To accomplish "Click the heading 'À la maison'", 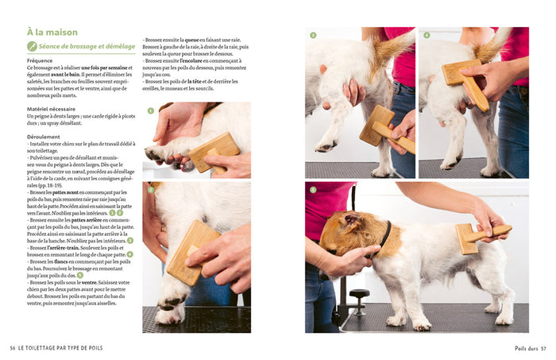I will pyautogui.click(x=52, y=33).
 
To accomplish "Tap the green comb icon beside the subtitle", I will pyautogui.click(x=32, y=47).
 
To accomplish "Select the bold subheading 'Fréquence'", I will pyautogui.click(x=40, y=60).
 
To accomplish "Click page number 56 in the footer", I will pyautogui.click(x=13, y=347).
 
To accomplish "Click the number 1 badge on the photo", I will pyautogui.click(x=150, y=110).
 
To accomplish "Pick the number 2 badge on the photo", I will pyautogui.click(x=150, y=189).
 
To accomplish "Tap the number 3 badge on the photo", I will pyautogui.click(x=313, y=35).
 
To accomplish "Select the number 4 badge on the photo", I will pyautogui.click(x=427, y=35).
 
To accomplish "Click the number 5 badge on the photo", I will pyautogui.click(x=313, y=189).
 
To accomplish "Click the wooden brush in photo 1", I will pyautogui.click(x=214, y=150).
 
